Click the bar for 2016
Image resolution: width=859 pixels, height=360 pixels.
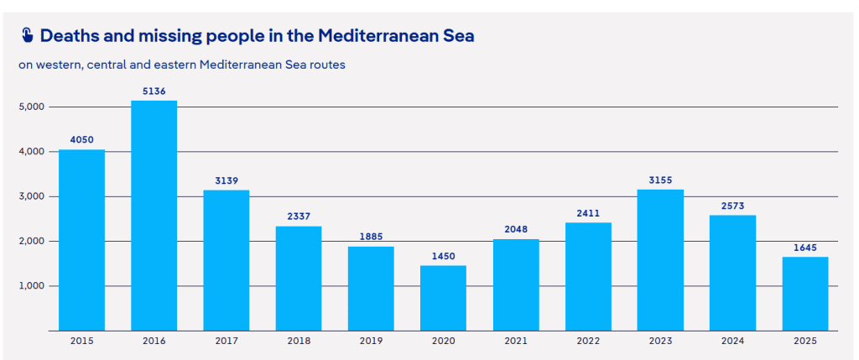point(154,216)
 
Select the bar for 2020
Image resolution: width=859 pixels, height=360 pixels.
point(443,298)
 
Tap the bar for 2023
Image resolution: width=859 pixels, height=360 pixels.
point(660,260)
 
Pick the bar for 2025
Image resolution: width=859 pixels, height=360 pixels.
point(805,294)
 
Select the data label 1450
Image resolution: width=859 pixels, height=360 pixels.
point(443,257)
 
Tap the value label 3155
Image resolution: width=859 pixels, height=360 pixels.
point(660,180)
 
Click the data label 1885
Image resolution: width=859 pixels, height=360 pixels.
point(371,237)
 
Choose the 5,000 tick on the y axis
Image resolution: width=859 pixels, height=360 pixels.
point(31,107)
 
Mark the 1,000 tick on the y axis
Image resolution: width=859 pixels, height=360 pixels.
point(31,286)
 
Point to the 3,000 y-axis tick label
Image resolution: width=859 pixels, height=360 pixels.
point(31,196)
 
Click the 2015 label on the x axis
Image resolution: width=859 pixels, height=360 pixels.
point(81,341)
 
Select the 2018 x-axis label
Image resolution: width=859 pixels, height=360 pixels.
point(299,341)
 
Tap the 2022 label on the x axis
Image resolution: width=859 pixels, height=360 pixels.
point(588,341)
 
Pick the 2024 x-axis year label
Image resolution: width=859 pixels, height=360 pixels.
point(732,341)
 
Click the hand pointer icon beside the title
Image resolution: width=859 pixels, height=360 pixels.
point(27,35)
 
